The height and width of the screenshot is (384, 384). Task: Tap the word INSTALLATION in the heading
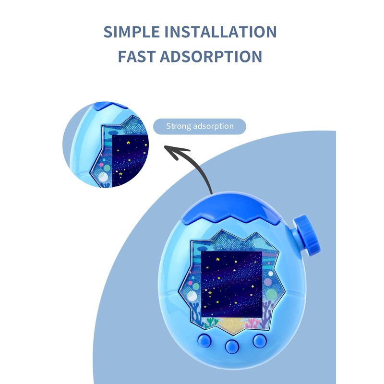click(x=221, y=32)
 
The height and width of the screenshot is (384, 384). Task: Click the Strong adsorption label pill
click(x=200, y=127)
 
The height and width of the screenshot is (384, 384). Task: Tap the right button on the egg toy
click(x=260, y=340)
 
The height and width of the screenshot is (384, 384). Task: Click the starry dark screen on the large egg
click(x=231, y=284)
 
